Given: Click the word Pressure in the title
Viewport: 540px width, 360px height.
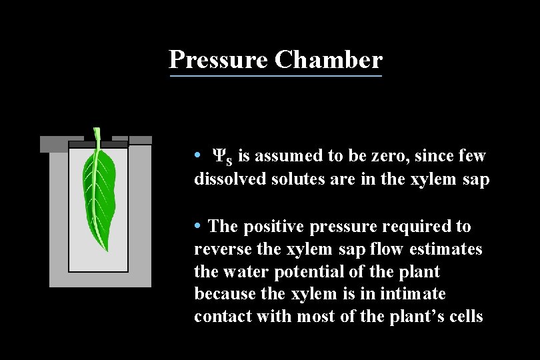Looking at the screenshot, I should click(x=219, y=59).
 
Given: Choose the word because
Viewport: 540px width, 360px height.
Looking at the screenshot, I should click(x=222, y=294).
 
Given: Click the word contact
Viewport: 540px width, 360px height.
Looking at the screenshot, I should click(x=219, y=317).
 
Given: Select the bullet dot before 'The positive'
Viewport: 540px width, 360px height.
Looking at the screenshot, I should click(x=198, y=227).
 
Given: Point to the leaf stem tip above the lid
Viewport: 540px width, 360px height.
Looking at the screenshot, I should click(x=97, y=131).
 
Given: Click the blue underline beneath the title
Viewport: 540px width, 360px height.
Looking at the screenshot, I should click(x=276, y=76).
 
